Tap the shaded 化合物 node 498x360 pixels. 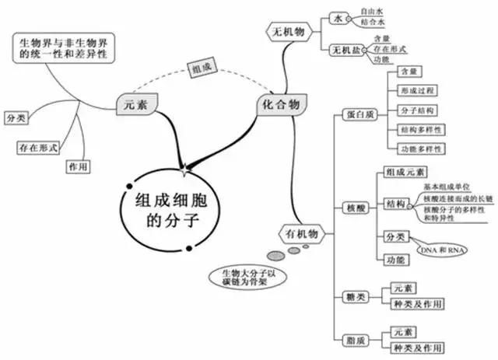click(x=282, y=104)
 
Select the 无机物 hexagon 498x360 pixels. click(x=289, y=32)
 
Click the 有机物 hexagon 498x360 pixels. click(x=302, y=234)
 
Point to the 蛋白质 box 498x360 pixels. click(x=360, y=114)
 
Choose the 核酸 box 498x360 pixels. click(x=356, y=208)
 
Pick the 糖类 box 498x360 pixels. click(x=356, y=297)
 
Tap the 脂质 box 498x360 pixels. click(x=356, y=341)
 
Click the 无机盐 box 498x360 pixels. click(x=346, y=51)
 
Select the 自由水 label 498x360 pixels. click(x=372, y=12)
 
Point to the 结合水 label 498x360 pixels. click(x=373, y=22)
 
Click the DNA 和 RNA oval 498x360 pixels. click(x=443, y=250)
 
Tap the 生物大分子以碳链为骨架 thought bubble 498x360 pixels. click(x=248, y=277)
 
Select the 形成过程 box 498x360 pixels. click(x=417, y=91)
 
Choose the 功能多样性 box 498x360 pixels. click(x=421, y=149)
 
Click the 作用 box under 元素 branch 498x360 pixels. click(x=78, y=166)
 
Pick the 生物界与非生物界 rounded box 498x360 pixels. click(x=64, y=48)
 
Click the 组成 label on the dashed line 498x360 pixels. click(x=202, y=68)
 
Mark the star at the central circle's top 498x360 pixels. click(x=184, y=170)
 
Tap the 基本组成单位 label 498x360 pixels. click(x=447, y=187)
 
